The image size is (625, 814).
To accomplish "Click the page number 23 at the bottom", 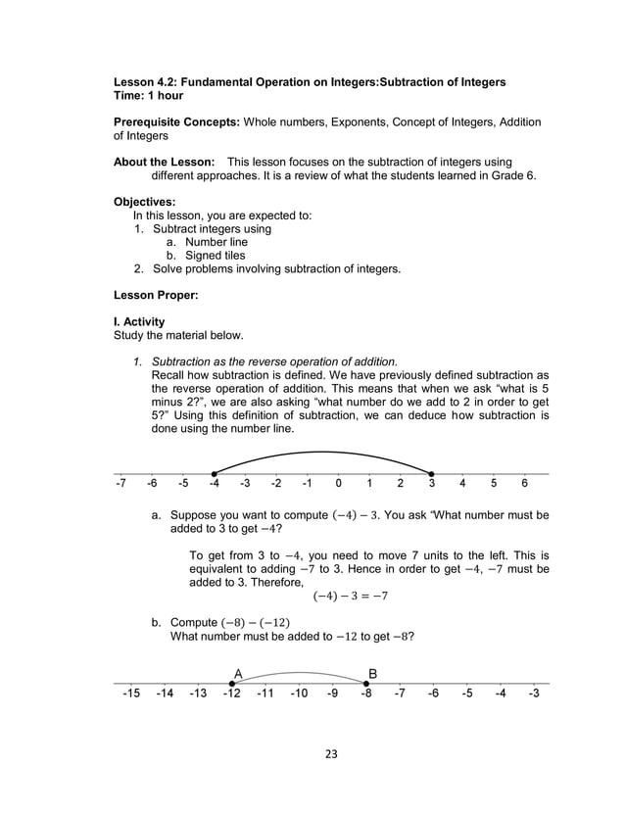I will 331,753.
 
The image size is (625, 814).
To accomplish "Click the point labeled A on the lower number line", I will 232,683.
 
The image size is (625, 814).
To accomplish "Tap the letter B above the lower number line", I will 372,673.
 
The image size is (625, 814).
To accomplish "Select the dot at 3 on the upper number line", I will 432,474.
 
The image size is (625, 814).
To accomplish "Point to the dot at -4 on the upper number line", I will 214,474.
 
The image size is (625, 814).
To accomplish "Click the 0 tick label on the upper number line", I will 338,483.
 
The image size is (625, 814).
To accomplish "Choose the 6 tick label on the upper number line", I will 525,483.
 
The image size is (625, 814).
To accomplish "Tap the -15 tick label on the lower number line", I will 131,694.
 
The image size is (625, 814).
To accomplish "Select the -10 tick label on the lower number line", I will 299,694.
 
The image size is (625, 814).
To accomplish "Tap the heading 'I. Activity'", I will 139,321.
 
